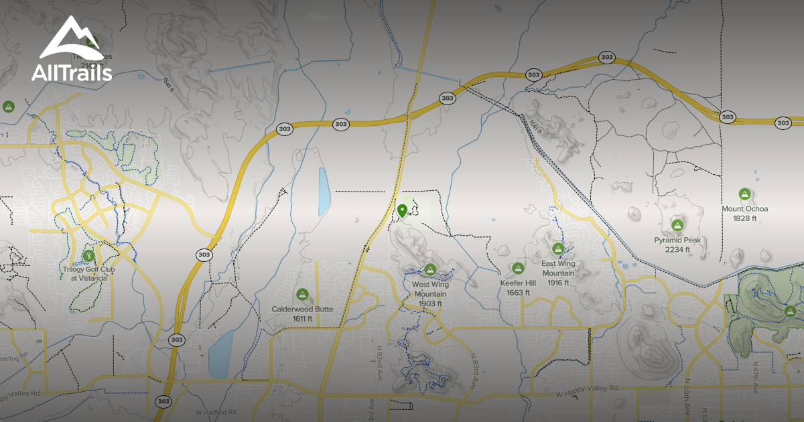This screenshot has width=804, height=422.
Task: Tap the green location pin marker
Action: click(x=402, y=212)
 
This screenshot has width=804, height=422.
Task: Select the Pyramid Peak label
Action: click(x=677, y=244)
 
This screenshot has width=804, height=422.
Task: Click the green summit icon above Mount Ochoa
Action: click(x=744, y=194)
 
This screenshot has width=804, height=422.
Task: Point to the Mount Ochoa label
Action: click(x=744, y=214)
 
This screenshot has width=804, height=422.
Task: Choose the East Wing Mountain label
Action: click(x=558, y=273)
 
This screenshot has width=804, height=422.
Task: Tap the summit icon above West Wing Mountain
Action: click(x=430, y=270)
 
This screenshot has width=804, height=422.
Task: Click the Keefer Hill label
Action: click(x=518, y=287)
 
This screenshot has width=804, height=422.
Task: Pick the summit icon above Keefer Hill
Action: click(x=517, y=269)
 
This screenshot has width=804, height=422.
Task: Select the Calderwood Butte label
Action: click(x=302, y=313)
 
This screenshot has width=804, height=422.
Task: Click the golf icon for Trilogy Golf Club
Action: click(x=88, y=255)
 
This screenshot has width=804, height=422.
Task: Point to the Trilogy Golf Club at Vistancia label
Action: click(x=84, y=273)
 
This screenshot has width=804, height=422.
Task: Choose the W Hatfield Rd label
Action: click(x=217, y=413)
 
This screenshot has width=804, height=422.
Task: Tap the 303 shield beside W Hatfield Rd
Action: click(x=163, y=401)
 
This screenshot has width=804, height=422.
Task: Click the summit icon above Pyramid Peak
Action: click(x=677, y=225)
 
